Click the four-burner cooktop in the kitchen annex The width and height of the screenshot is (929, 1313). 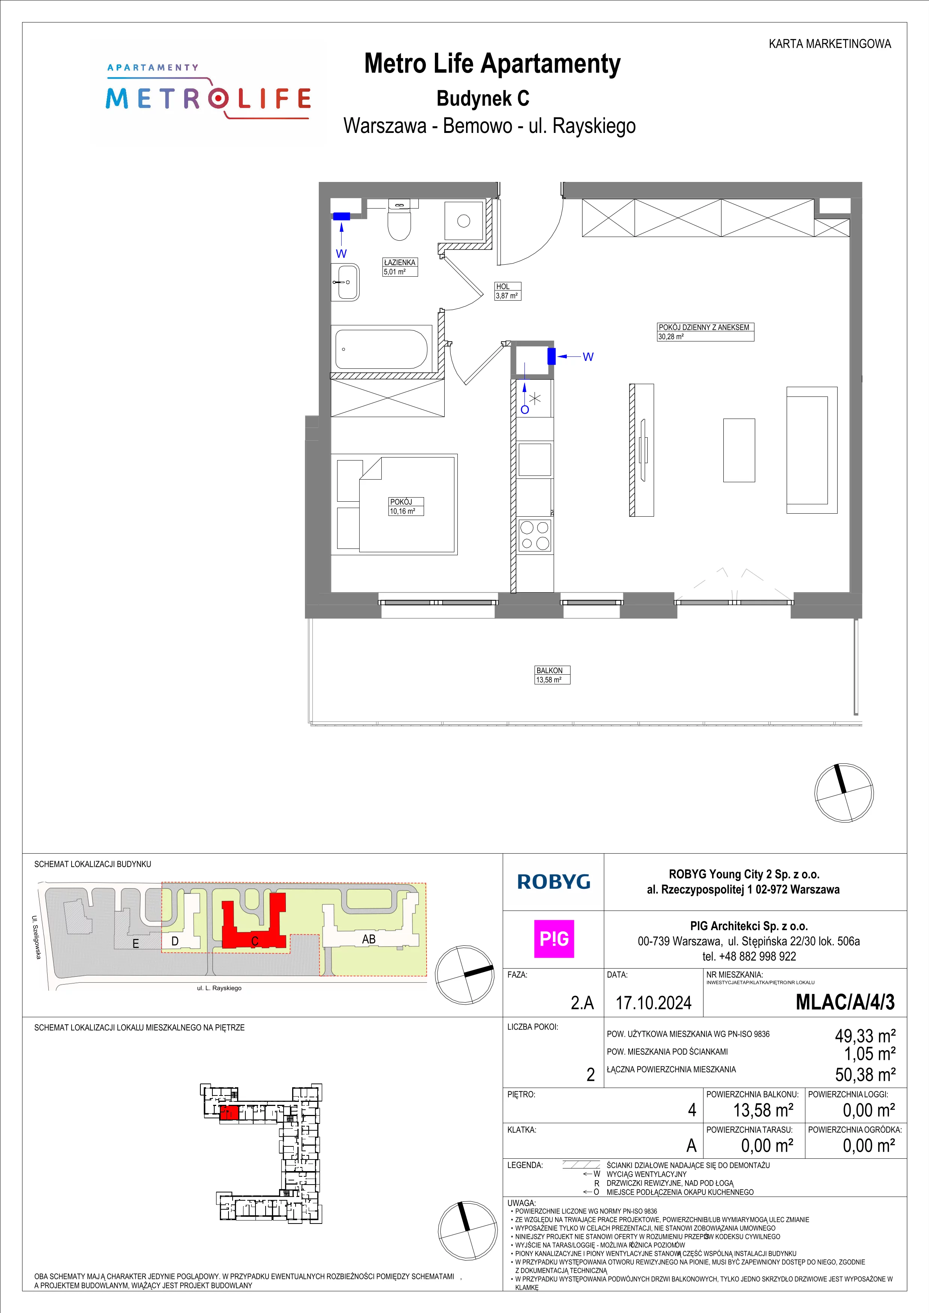click(535, 536)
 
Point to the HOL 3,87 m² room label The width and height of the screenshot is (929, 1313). click(508, 291)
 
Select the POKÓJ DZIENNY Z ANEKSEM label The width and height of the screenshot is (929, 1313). click(705, 328)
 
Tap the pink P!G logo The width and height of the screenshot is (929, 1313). click(554, 939)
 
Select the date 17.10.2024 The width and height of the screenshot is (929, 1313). click(653, 1003)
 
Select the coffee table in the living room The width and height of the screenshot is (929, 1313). click(739, 450)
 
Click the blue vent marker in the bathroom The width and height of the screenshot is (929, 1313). click(342, 216)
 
